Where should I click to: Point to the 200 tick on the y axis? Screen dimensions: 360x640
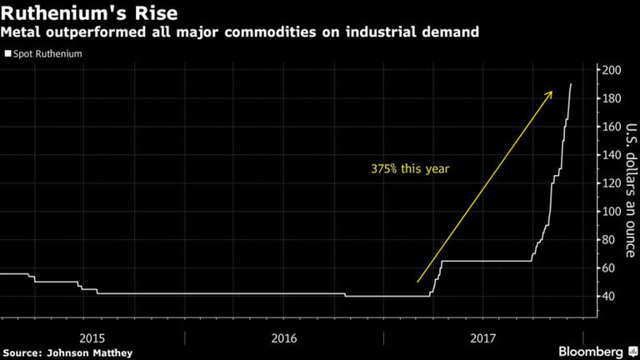click(x=612, y=70)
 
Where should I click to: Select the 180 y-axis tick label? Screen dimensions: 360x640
click(x=612, y=98)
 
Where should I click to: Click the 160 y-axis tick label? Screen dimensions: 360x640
click(x=612, y=127)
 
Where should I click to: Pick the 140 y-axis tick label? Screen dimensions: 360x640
click(x=612, y=155)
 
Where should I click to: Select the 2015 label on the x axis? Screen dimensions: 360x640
click(x=92, y=337)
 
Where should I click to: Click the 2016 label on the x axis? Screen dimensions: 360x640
click(x=283, y=337)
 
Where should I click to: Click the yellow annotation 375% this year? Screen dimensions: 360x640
click(x=410, y=168)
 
